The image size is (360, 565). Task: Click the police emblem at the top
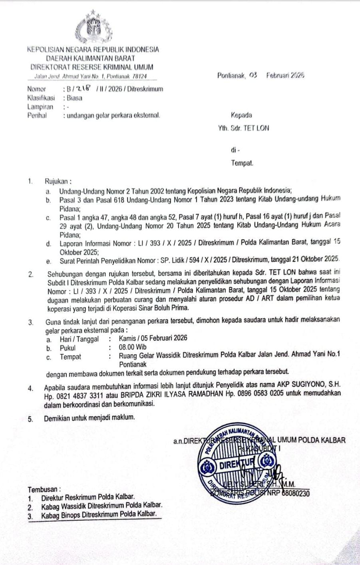tap(95, 28)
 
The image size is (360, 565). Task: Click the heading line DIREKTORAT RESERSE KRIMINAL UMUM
tap(92, 67)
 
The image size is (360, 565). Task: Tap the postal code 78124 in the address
tap(139, 76)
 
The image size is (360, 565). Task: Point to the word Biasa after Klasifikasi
tap(75, 98)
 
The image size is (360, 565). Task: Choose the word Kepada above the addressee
tap(241, 116)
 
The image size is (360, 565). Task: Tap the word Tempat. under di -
tap(242, 163)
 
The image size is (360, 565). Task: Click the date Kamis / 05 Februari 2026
tap(153, 338)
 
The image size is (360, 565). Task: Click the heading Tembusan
tap(44, 489)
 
